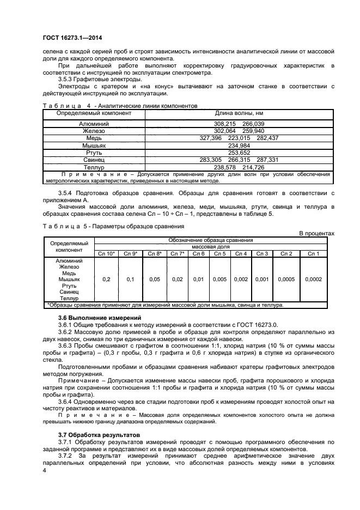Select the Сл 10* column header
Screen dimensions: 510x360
[x=106, y=253]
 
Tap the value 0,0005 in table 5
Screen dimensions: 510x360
[x=286, y=279]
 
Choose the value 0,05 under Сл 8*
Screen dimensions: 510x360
[x=155, y=279]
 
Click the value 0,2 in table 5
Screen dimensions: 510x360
[x=106, y=279]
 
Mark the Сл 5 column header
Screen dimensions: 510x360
[x=219, y=253]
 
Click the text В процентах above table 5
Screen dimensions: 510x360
[x=317, y=233]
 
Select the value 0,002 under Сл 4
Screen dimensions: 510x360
[x=240, y=279]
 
